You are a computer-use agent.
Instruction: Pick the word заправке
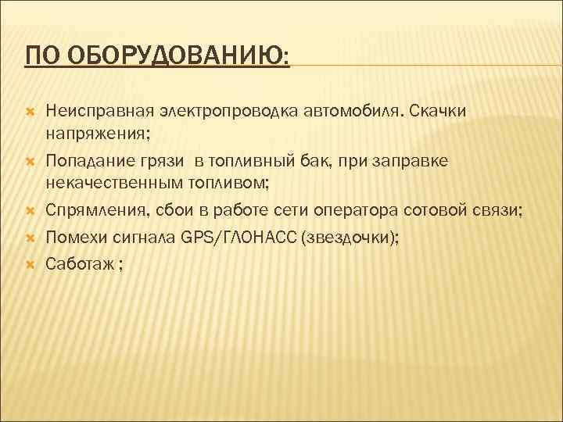(x=414, y=161)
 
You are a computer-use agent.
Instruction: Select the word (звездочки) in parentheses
(x=347, y=238)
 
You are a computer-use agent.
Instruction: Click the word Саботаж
(x=78, y=263)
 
